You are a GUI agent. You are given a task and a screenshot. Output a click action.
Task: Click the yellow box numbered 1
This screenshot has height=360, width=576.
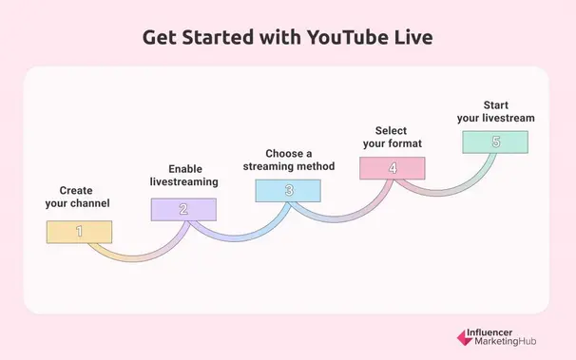click(80, 232)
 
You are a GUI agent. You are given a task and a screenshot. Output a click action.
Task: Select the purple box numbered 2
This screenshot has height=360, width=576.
click(183, 209)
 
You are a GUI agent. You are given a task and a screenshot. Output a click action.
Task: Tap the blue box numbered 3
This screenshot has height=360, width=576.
click(288, 190)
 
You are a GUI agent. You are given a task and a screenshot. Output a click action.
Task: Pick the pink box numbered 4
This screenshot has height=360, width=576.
click(393, 168)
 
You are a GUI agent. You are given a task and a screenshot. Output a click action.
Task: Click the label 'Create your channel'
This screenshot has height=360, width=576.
click(78, 197)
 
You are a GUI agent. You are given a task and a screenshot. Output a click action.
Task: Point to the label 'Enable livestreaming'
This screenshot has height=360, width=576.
click(184, 174)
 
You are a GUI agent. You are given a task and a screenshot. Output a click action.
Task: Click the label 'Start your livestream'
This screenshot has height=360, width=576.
click(495, 111)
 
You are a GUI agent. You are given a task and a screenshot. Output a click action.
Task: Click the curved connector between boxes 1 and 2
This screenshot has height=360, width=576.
click(133, 255)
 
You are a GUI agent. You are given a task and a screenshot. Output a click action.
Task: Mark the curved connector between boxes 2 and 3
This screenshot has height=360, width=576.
click(238, 234)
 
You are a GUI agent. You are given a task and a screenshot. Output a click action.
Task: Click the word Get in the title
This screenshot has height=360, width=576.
click(161, 38)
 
